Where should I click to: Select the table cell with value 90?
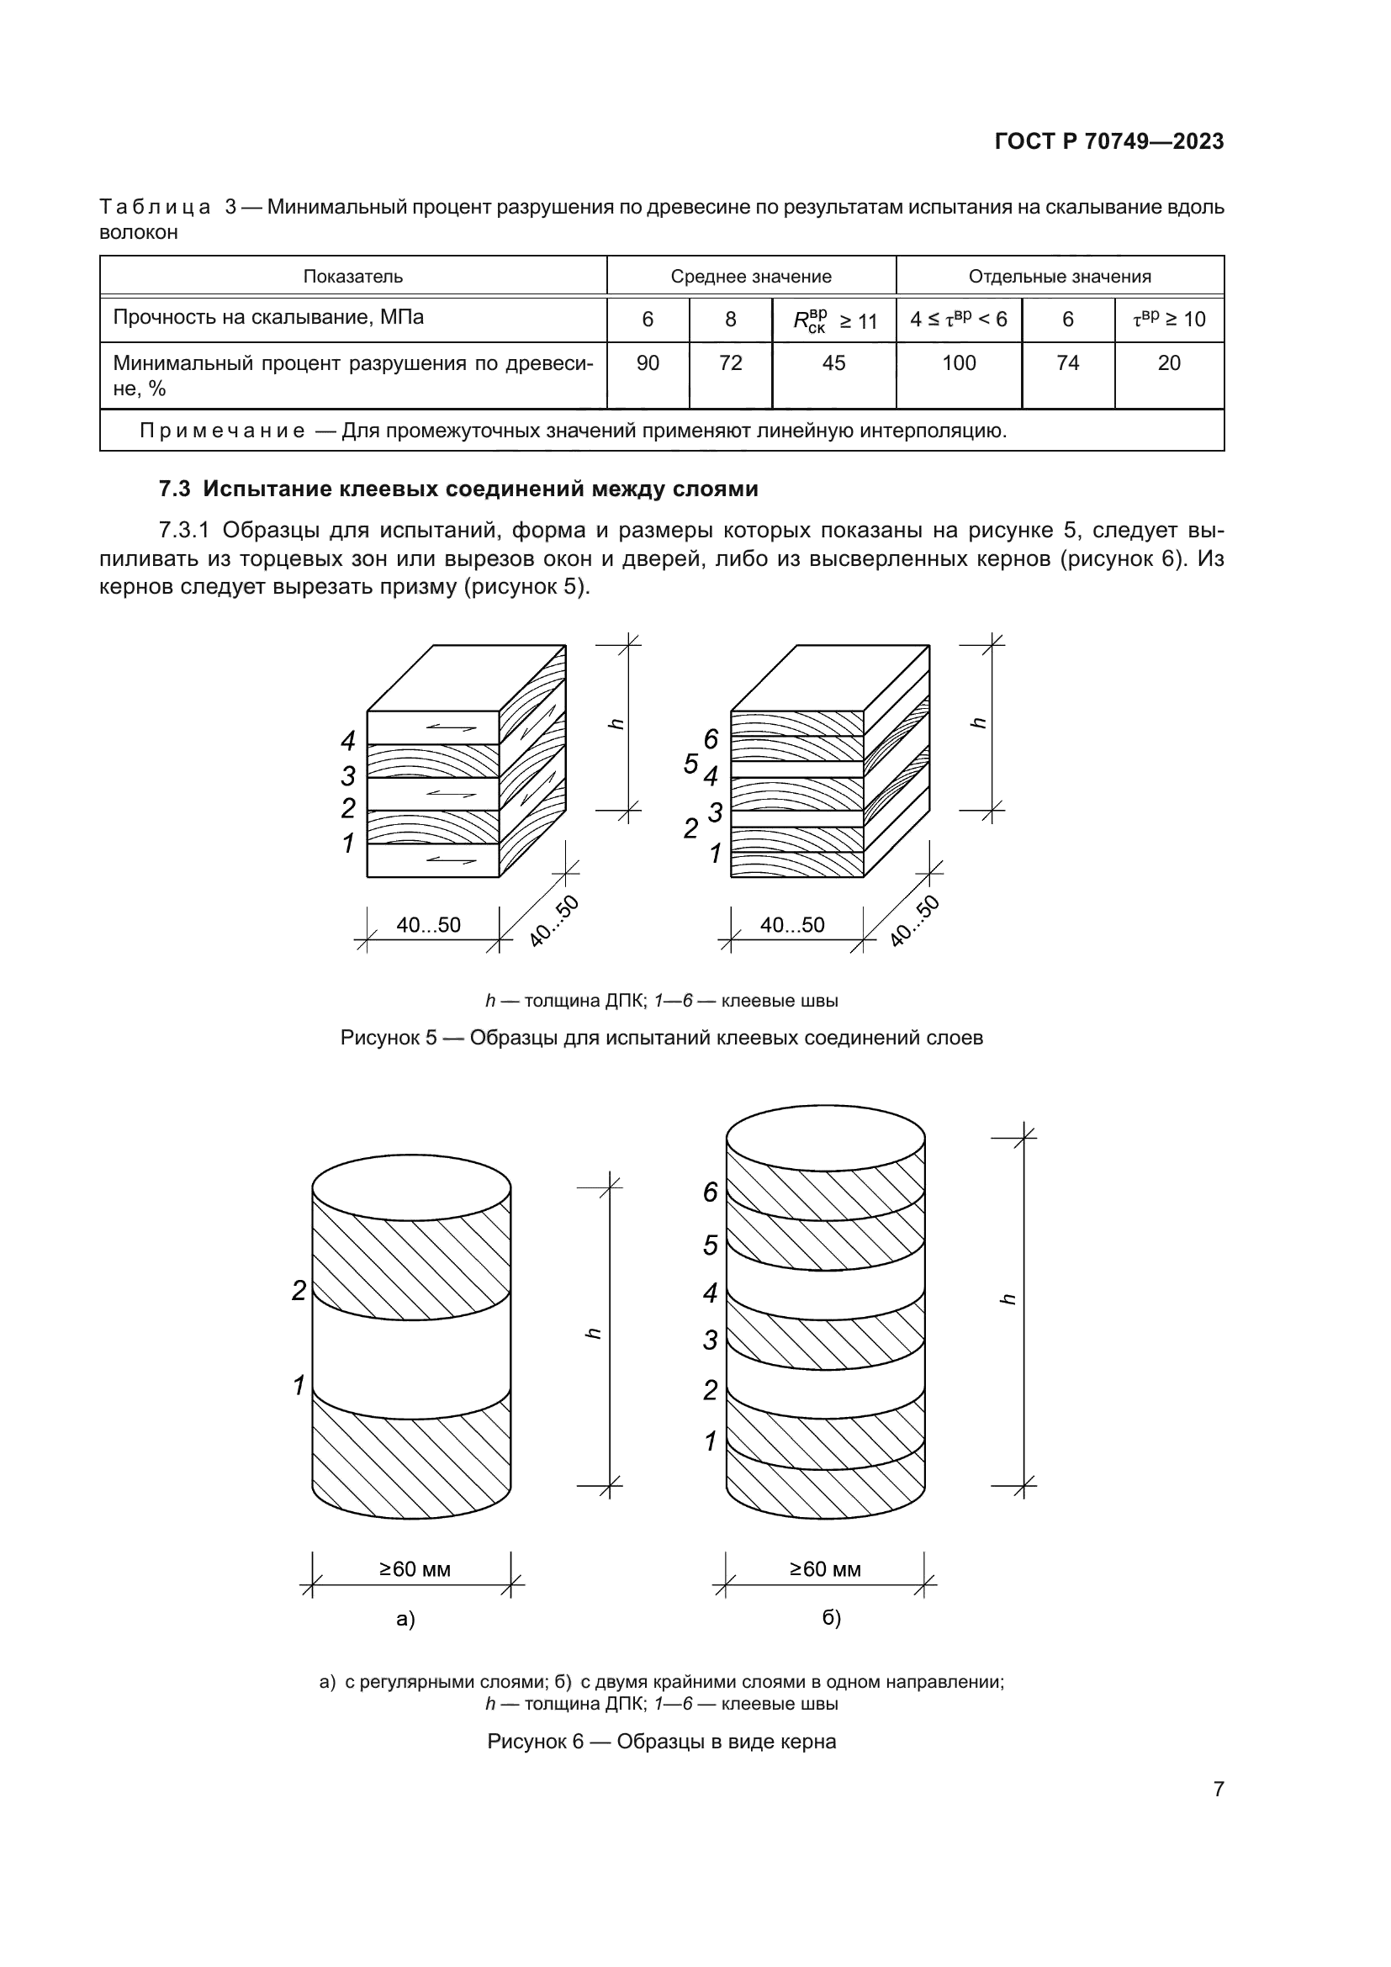point(648,363)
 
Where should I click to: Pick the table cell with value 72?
point(730,363)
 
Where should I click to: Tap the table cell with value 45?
point(833,363)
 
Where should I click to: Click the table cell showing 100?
point(959,363)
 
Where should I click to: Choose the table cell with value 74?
point(1067,363)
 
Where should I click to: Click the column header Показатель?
point(353,277)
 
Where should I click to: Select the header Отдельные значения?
point(1060,277)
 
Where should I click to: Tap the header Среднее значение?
point(751,277)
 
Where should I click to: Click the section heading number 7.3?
point(175,489)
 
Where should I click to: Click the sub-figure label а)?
point(405,1618)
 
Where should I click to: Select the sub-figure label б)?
point(831,1617)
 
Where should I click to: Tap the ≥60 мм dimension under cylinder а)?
point(415,1568)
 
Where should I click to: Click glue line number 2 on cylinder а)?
point(299,1291)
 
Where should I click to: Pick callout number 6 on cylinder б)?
point(710,1192)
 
